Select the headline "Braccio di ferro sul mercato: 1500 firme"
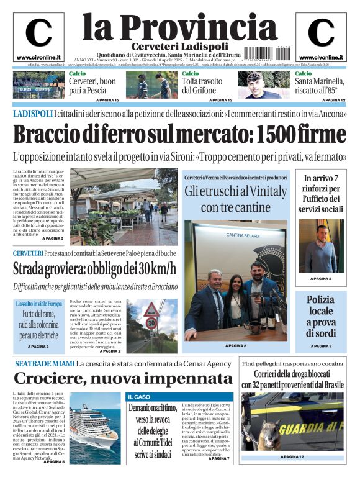pyautogui.click(x=180, y=134)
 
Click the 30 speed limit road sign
pyautogui.click(x=151, y=323)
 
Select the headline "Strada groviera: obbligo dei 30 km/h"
pyautogui.click(x=94, y=269)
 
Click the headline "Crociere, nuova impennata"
pyautogui.click(x=123, y=378)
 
